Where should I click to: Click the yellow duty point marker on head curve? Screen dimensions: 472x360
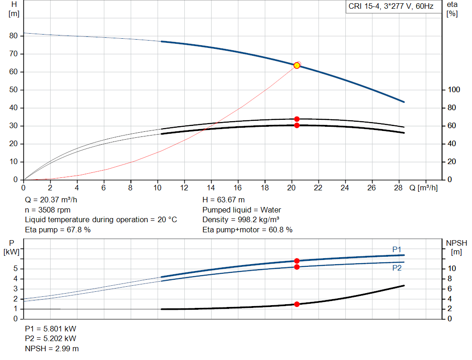[x=297, y=65]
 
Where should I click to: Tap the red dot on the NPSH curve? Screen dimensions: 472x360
[x=297, y=304]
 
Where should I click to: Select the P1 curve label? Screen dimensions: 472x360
[x=397, y=249]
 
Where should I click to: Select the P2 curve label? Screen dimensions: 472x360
[x=397, y=268]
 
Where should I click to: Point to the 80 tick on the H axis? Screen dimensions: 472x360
[x=13, y=35]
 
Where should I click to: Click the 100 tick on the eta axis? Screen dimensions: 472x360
[x=454, y=90]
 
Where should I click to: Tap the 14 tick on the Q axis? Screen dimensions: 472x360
[x=211, y=188]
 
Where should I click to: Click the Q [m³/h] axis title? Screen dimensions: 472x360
[x=423, y=188]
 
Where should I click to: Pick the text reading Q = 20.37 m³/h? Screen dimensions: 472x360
[x=51, y=200]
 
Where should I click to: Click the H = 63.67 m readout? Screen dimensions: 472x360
[x=224, y=200]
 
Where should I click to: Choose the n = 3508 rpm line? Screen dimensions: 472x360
[x=47, y=210]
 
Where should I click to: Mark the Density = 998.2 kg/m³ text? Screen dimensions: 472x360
[x=241, y=220]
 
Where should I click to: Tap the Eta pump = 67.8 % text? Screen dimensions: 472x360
[x=58, y=230]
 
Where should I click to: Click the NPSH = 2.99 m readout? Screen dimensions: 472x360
[x=52, y=348]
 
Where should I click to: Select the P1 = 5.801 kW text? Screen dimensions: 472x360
[x=51, y=329]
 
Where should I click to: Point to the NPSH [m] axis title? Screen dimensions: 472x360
[x=456, y=248]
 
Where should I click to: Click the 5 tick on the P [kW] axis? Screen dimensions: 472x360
[x=16, y=268]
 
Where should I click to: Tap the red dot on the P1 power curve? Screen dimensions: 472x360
[x=297, y=261]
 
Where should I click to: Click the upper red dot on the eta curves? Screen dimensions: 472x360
[x=297, y=119]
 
